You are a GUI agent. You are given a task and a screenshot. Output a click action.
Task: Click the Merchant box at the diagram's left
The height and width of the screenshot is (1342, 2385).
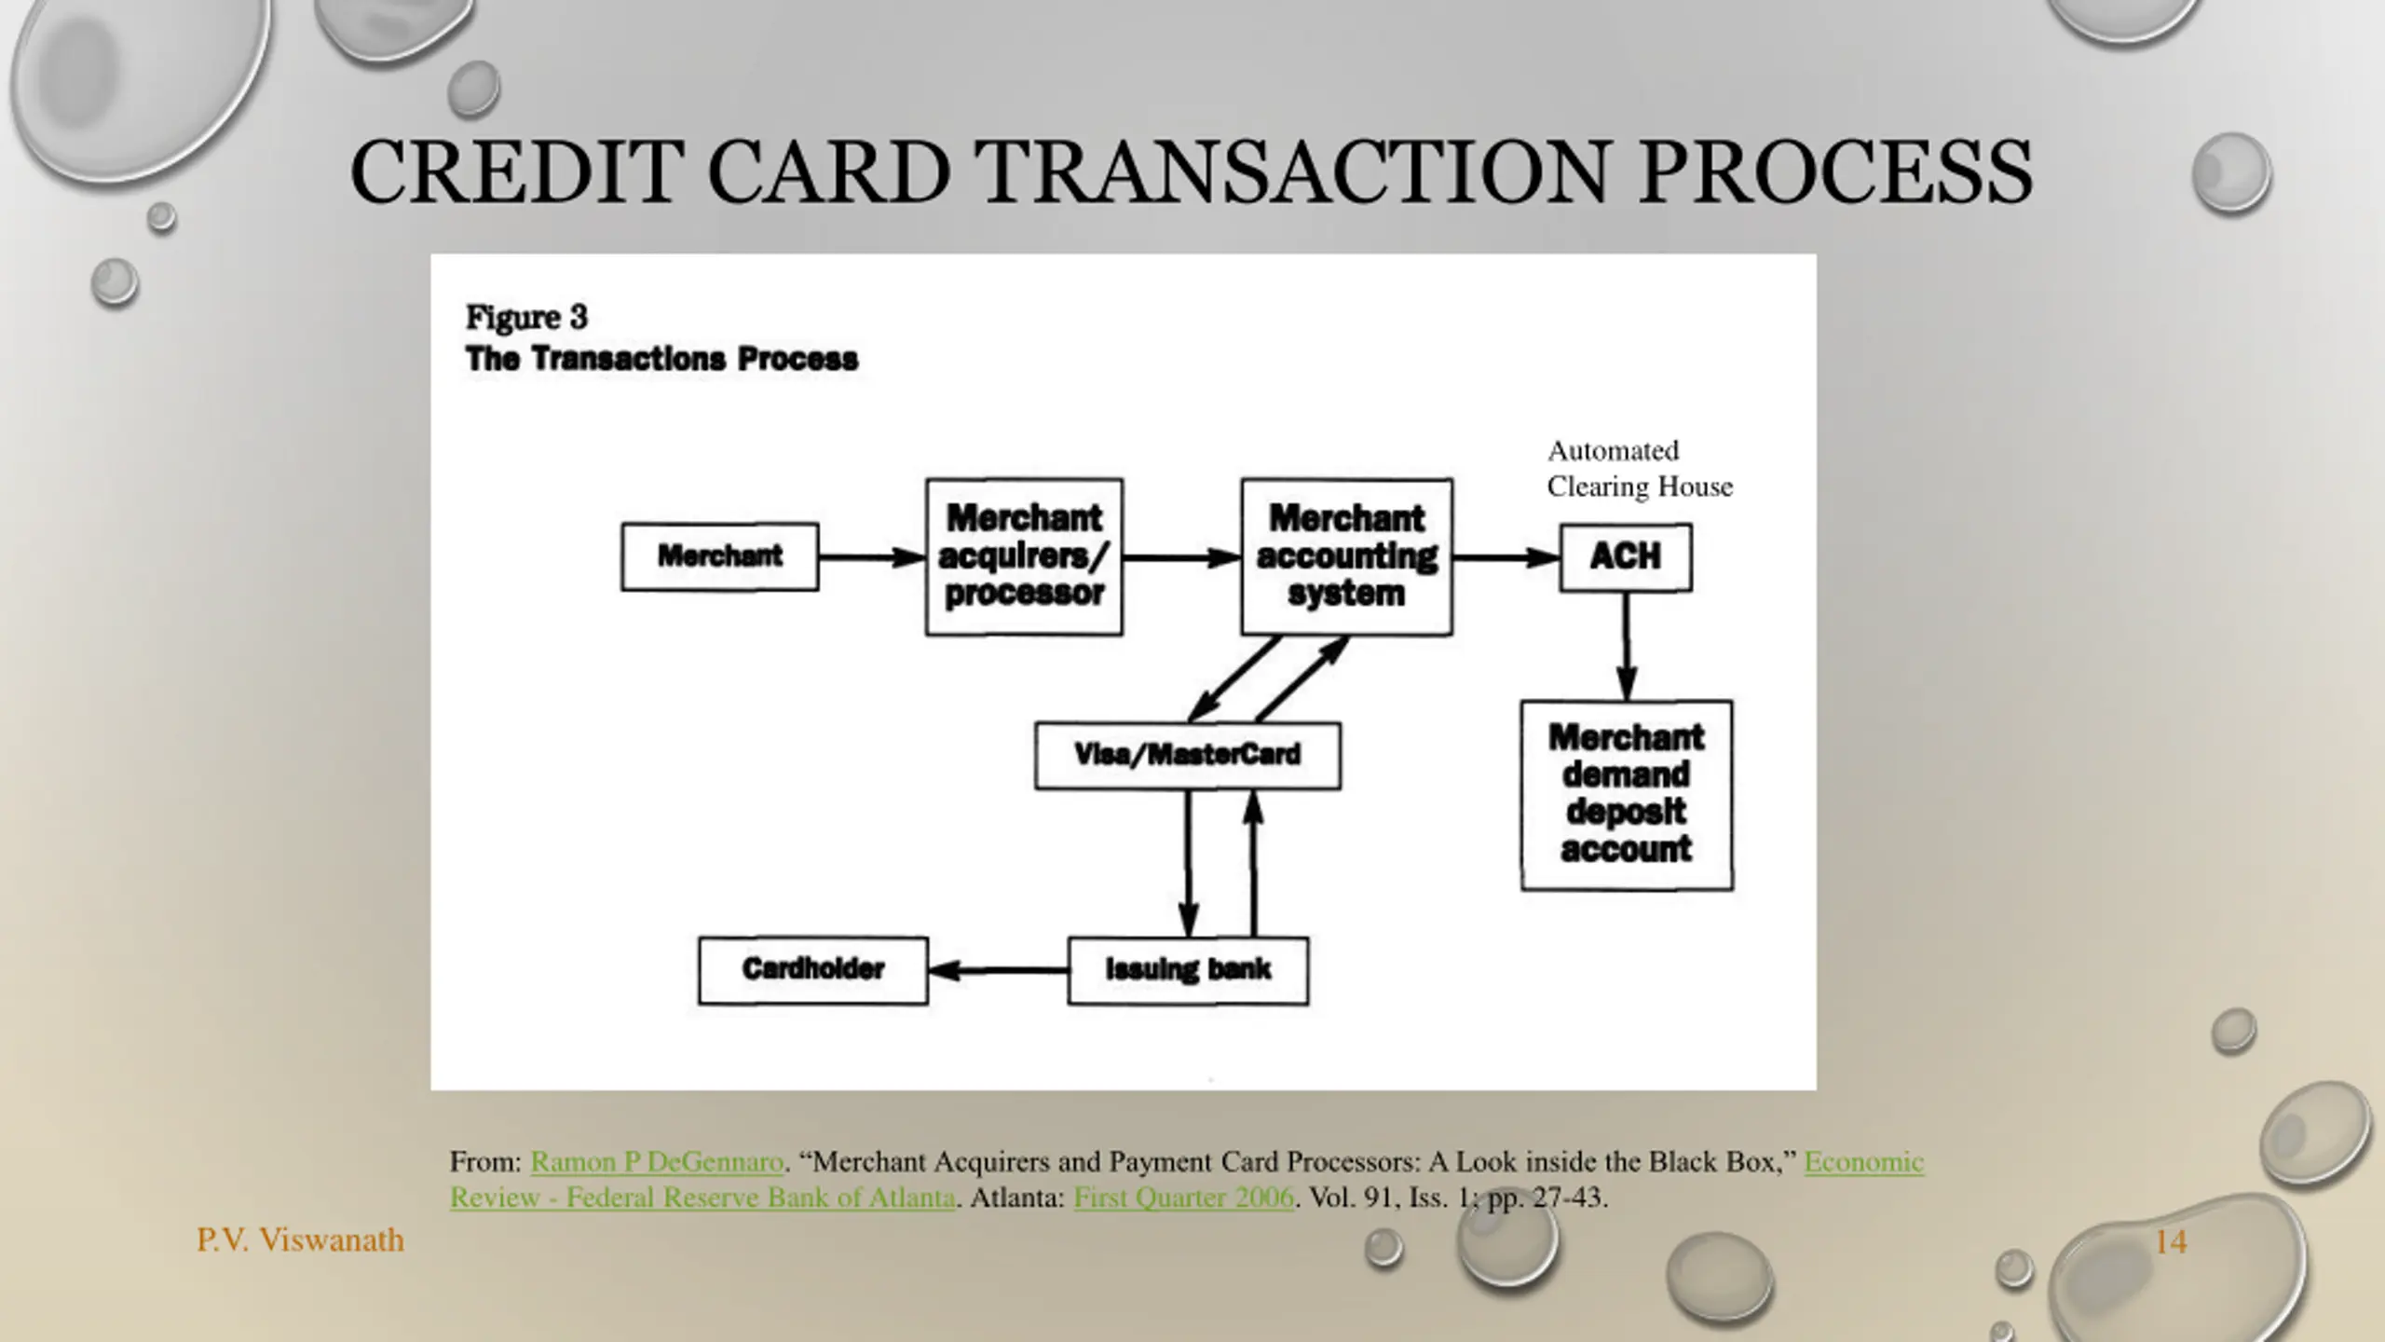click(719, 556)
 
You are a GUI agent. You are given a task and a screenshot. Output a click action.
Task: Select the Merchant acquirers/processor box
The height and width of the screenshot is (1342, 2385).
click(1024, 556)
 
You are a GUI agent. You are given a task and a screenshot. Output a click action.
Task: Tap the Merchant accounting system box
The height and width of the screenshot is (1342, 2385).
click(1346, 556)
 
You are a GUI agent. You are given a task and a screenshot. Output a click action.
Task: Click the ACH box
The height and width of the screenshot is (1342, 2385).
click(1626, 556)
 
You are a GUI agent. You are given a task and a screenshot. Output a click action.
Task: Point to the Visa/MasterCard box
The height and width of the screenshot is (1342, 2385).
click(1188, 755)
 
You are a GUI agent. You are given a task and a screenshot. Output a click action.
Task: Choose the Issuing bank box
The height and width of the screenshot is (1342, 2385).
click(1188, 970)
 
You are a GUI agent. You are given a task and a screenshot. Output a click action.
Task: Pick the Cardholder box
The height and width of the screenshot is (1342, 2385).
click(813, 970)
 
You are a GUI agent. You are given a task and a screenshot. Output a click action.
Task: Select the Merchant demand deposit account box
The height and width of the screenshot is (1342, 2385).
click(1627, 795)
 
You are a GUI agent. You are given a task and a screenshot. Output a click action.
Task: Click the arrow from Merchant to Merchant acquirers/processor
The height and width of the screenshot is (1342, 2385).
click(872, 557)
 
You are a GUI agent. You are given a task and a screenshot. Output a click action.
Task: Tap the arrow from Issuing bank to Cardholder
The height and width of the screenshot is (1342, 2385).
click(998, 971)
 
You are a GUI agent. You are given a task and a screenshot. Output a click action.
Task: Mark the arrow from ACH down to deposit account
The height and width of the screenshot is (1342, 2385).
click(1627, 646)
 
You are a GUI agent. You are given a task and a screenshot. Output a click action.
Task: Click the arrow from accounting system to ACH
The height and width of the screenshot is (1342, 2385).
click(1506, 557)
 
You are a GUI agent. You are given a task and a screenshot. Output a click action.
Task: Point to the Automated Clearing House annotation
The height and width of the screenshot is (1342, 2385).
click(1639, 469)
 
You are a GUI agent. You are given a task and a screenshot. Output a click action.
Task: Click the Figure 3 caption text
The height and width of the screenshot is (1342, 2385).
click(527, 318)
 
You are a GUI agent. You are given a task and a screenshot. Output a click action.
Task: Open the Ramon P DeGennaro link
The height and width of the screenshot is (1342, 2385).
click(657, 1162)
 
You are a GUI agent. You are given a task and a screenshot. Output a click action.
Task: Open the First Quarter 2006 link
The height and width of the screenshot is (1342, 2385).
click(1183, 1198)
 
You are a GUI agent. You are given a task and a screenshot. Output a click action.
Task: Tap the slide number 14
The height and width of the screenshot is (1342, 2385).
click(2171, 1241)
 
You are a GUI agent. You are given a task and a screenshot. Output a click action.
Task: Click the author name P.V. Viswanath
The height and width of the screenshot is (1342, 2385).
click(300, 1240)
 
